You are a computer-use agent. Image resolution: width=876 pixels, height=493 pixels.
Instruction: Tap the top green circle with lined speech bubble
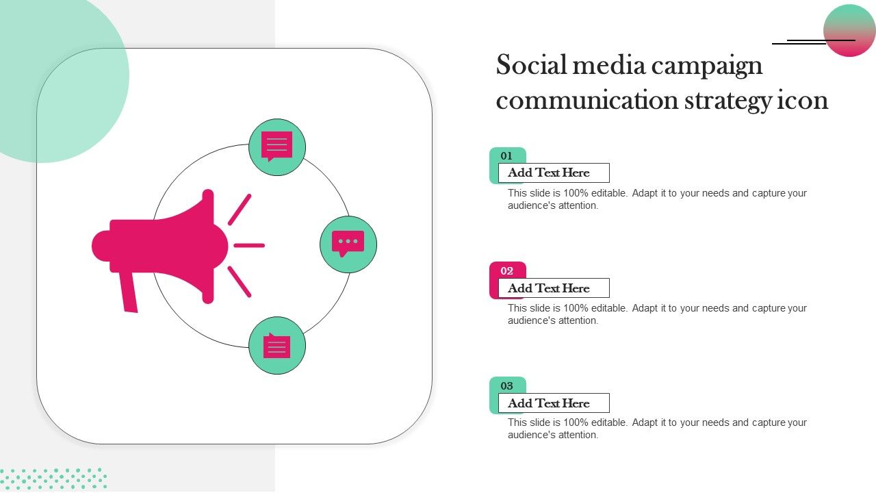[x=277, y=147]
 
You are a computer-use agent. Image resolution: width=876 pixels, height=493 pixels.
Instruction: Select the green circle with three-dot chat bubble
[x=348, y=244]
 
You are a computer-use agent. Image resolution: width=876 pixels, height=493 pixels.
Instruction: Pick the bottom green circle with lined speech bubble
[x=277, y=346]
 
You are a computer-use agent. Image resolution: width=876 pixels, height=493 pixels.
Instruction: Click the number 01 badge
[x=507, y=155]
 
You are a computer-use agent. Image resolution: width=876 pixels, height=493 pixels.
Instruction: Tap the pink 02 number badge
[x=507, y=270]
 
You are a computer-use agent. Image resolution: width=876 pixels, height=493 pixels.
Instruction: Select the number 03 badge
[x=507, y=385]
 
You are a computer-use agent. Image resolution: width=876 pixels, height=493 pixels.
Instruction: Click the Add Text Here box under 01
[x=554, y=173]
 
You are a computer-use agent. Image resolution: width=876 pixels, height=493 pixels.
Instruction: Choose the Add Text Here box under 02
[x=554, y=288]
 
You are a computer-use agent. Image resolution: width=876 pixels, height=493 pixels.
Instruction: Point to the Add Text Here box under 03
[x=554, y=403]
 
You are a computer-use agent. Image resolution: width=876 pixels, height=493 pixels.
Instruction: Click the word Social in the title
[x=530, y=64]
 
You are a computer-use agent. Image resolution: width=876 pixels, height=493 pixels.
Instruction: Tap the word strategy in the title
[x=727, y=101]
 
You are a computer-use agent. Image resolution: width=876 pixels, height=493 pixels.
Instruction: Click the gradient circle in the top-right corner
[x=849, y=30]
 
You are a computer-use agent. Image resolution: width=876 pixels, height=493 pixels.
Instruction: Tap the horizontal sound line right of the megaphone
[x=249, y=246]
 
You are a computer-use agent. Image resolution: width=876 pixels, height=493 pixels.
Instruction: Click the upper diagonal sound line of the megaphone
[x=240, y=210]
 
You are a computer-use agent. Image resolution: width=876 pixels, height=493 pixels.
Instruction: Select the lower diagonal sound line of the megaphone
[x=240, y=281]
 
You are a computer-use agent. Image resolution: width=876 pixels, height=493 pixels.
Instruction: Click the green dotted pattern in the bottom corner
[x=53, y=479]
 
